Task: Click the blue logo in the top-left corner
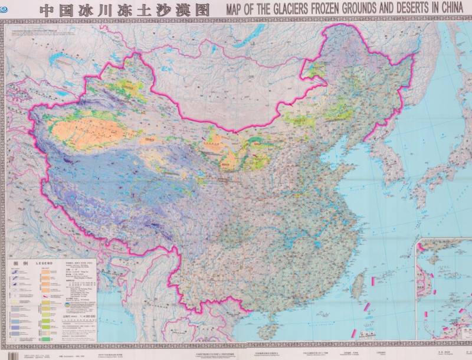5,8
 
